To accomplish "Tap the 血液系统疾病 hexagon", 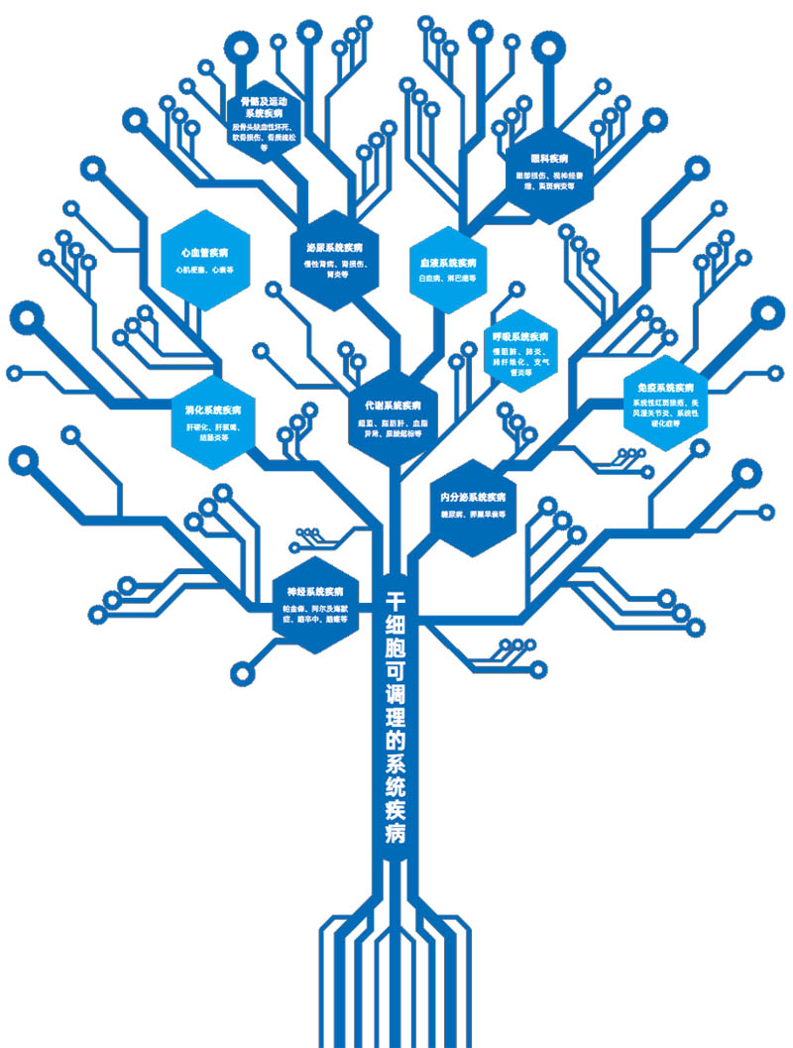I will pos(448,270).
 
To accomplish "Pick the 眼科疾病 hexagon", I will pos(549,169).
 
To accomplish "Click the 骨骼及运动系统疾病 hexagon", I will pos(262,119).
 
